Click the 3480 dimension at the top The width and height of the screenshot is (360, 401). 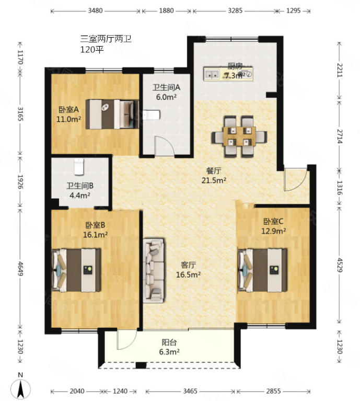(95, 11)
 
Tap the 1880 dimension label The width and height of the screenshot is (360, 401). (166, 11)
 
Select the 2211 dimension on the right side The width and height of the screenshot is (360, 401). (339, 70)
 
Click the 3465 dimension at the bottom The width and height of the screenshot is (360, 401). (190, 391)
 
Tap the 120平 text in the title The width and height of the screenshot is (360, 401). (92, 49)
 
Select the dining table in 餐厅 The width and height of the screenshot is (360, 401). (239, 136)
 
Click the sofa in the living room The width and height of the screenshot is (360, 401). (153, 271)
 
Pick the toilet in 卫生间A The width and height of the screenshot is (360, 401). (151, 115)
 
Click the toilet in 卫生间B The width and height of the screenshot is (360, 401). (79, 167)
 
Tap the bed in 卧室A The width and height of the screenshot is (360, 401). (112, 114)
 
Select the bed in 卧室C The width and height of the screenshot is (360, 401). (262, 270)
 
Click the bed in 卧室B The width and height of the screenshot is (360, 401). (76, 270)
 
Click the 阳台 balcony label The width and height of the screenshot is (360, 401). (169, 342)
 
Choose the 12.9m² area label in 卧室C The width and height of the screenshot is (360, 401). (273, 231)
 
